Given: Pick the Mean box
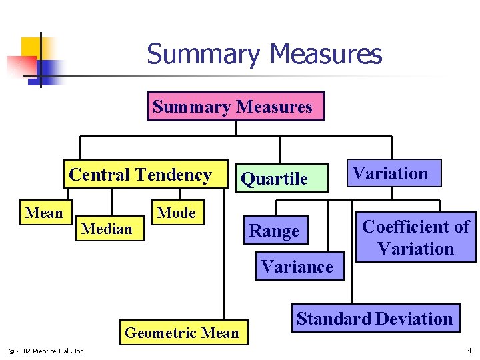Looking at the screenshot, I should (x=44, y=213).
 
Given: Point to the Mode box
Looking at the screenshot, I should (x=176, y=213).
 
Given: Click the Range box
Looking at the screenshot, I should (x=274, y=231).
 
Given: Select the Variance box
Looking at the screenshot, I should (x=297, y=267).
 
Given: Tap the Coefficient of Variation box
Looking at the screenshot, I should (x=416, y=238).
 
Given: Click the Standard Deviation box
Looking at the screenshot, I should (x=375, y=319).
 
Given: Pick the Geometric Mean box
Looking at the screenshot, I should (x=182, y=333).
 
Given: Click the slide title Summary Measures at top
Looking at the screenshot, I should (x=265, y=54).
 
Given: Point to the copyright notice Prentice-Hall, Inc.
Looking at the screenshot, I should (x=47, y=351).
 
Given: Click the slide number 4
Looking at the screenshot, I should (x=469, y=350).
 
